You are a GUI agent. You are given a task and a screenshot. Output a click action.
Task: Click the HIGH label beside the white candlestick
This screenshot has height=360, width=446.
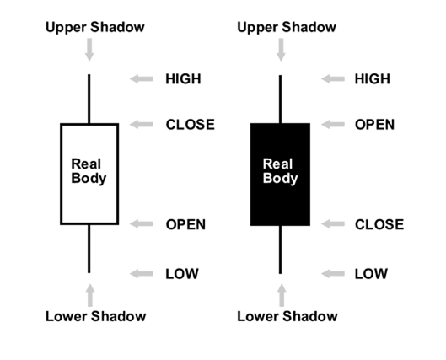183,78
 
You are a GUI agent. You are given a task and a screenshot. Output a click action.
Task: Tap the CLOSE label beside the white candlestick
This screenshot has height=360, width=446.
191,125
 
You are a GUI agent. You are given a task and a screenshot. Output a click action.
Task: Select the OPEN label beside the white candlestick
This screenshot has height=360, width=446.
185,224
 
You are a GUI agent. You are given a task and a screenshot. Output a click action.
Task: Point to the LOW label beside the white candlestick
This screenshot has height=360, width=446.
182,274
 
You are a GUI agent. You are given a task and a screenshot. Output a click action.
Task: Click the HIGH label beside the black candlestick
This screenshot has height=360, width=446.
373,78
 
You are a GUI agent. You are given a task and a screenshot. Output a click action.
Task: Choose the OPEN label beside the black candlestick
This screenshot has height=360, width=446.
374,125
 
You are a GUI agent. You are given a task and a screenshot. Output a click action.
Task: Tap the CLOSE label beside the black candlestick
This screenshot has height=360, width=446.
379,224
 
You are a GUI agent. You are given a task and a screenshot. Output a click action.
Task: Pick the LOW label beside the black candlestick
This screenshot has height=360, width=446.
371,274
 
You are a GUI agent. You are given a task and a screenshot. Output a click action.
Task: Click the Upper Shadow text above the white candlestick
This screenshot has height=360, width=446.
95,27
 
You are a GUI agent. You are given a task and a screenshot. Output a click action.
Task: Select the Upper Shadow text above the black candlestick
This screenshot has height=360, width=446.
287,27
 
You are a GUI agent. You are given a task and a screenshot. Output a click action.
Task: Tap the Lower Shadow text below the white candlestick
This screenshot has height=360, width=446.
96,316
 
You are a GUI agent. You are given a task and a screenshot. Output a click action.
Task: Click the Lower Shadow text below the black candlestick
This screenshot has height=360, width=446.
287,316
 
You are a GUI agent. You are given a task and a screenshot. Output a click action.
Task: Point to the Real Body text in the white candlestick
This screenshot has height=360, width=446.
89,171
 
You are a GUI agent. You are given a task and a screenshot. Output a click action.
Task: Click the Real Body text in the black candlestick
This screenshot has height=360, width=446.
280,171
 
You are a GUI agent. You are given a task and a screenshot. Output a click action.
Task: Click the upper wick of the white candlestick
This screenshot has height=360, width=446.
89,99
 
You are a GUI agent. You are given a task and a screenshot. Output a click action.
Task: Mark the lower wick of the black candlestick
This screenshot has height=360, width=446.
280,250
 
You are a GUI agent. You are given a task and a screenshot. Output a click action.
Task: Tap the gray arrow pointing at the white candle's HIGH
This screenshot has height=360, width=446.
142,78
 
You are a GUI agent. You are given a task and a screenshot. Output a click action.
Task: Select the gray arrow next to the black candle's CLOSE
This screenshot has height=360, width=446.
333,223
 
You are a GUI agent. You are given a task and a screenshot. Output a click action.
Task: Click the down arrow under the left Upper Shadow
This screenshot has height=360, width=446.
89,50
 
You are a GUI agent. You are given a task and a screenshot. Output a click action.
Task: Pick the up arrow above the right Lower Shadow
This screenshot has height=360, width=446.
282,295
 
